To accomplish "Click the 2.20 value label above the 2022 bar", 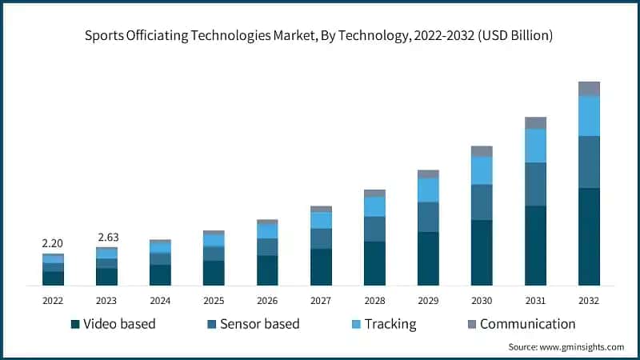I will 53,243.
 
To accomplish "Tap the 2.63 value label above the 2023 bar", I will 106,237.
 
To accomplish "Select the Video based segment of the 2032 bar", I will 589,236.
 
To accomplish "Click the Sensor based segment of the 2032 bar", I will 589,162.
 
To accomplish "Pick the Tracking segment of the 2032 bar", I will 589,116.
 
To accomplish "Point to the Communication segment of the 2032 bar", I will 589,88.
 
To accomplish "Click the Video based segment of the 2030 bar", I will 482,252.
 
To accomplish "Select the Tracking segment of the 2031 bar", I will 535,145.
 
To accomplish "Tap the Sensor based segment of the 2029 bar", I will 428,217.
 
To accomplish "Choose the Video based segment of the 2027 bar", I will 321,266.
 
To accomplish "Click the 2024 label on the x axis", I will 160,300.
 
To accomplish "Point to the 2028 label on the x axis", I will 374,300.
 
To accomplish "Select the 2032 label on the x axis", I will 589,300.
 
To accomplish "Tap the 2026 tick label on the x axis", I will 267,300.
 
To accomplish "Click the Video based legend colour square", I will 75,324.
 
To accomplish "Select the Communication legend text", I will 527,324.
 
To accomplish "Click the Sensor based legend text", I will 259,324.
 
